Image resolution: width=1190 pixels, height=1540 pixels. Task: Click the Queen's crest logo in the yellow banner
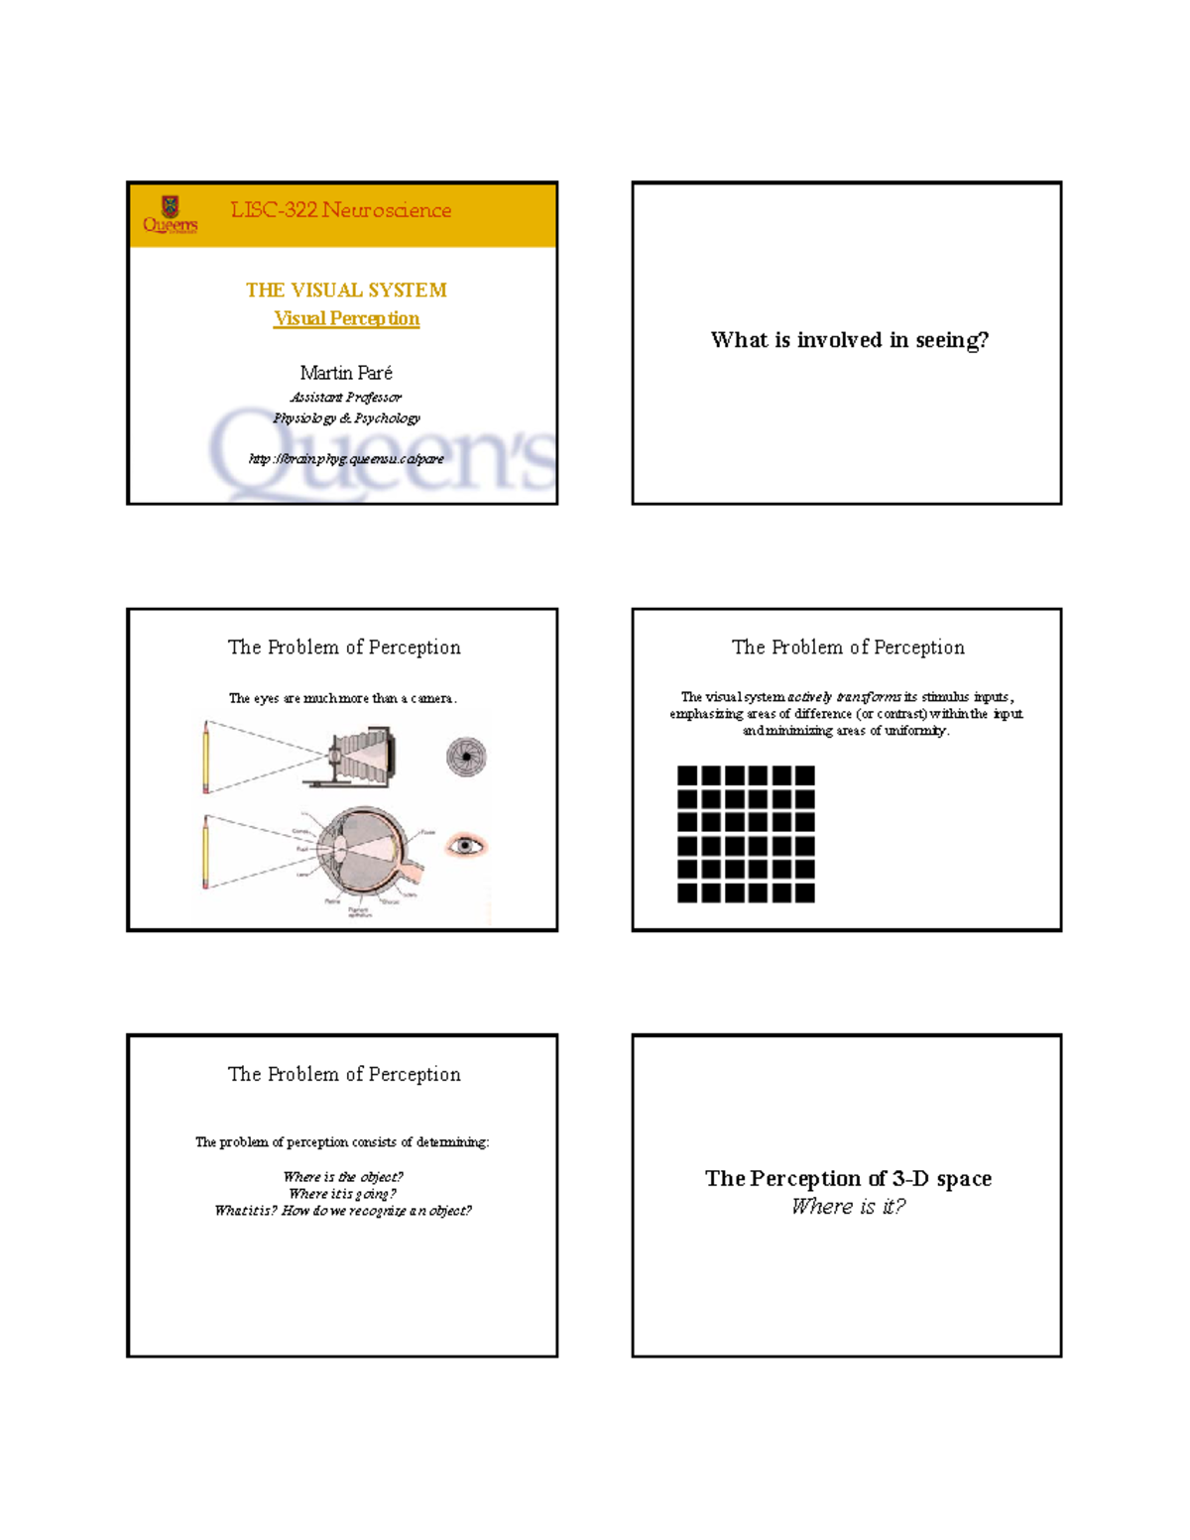(170, 213)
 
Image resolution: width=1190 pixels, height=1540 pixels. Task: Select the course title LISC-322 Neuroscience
(340, 210)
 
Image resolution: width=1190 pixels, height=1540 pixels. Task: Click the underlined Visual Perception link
(346, 318)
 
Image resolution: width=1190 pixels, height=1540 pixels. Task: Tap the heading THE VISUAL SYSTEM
(346, 290)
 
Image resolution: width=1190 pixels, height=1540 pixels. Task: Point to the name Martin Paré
(346, 373)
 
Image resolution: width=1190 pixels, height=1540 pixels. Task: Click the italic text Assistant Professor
(346, 398)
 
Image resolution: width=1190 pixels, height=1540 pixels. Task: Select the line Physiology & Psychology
(346, 418)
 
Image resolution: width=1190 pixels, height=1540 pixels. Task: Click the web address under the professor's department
(346, 459)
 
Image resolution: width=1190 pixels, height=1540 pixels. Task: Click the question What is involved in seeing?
(849, 340)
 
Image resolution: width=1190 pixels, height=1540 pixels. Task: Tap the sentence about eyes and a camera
(342, 698)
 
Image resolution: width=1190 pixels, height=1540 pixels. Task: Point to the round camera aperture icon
(465, 757)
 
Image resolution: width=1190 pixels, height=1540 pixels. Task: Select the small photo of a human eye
(465, 845)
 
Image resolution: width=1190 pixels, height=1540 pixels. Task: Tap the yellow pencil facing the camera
(206, 758)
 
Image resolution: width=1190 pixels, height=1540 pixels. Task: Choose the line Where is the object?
(342, 1177)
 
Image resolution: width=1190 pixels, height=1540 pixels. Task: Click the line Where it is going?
(342, 1194)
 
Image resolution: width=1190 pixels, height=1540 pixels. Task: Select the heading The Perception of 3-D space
(848, 1178)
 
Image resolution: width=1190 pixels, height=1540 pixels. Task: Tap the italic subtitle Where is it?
(848, 1207)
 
